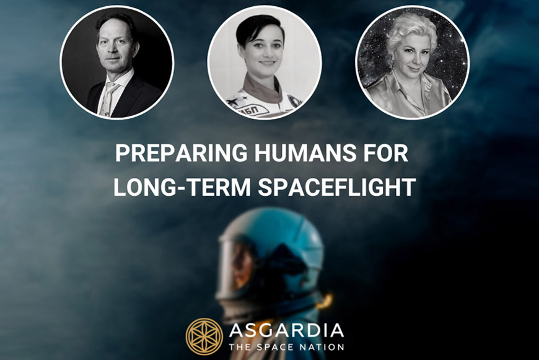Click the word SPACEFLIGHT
337,187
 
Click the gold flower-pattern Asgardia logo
204,336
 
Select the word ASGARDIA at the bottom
286,330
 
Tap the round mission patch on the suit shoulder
294,101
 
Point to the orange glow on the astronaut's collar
324,302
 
